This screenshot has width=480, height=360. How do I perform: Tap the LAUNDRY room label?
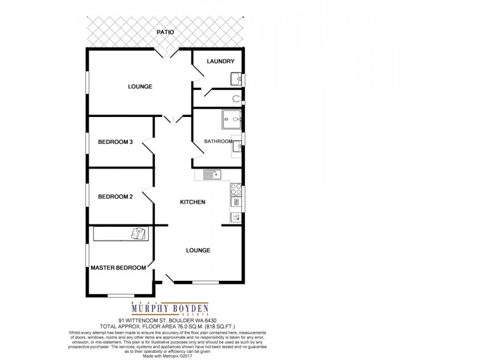click(220, 62)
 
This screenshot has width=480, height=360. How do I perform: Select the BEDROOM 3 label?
click(115, 142)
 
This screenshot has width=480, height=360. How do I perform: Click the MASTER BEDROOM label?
click(118, 268)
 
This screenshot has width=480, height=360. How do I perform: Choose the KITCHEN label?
click(193, 202)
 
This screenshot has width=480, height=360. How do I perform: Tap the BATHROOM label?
click(217, 142)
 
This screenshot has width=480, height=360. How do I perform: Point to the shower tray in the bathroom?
click(231, 120)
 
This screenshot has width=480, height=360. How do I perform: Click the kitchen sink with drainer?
click(212, 175)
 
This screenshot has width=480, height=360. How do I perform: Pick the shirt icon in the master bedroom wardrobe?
click(139, 233)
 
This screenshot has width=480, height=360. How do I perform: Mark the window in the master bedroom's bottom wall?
click(122, 293)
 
